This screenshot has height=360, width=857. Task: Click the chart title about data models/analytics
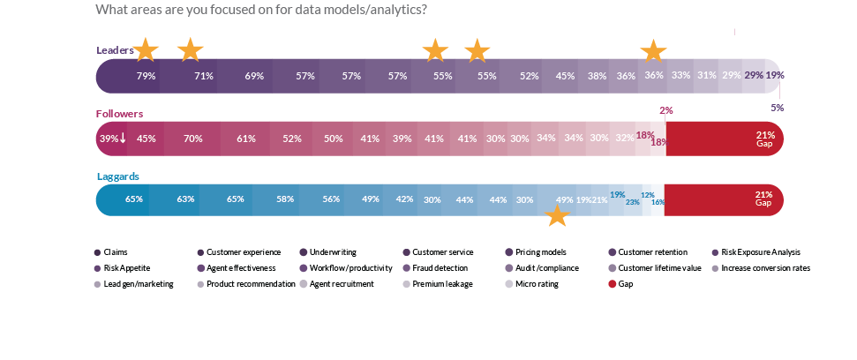coord(261,11)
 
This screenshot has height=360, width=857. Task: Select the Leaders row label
coord(114,50)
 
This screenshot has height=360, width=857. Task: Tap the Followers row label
coord(119,114)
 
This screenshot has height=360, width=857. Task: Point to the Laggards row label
coord(117,176)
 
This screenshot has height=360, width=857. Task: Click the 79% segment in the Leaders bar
coord(146,76)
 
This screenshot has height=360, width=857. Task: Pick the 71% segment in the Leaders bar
coord(204,76)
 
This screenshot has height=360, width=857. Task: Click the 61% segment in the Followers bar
coord(246,139)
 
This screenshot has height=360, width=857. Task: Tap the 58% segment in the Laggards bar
coord(285,199)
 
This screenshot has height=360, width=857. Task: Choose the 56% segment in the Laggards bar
coord(331,199)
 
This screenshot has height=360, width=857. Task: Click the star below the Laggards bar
coord(557,216)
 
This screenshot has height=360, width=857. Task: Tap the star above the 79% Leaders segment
coord(146,50)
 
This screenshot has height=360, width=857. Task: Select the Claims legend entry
coord(111,252)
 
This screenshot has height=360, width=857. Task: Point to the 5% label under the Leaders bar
coord(777,108)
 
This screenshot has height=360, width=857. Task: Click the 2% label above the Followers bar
coord(665,110)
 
